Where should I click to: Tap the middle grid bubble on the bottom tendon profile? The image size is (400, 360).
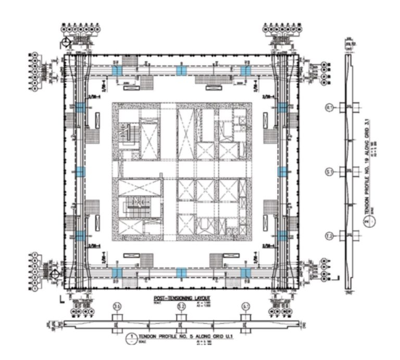click(x=181, y=306)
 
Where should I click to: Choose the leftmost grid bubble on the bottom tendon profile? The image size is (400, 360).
click(x=117, y=306)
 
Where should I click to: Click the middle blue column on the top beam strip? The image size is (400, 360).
click(x=181, y=70)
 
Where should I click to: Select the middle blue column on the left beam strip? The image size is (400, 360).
click(x=80, y=171)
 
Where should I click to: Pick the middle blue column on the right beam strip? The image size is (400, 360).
click(x=282, y=171)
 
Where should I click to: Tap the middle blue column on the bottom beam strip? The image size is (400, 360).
click(x=181, y=272)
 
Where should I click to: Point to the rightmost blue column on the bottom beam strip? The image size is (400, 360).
click(x=245, y=272)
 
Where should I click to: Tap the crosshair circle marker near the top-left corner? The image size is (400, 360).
click(x=66, y=43)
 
